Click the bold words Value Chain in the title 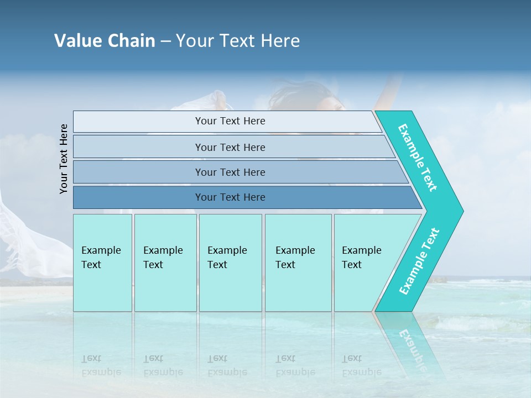105,41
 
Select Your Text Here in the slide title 238,41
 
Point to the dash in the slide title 165,41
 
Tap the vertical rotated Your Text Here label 64,159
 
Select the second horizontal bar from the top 230,147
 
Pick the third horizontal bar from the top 230,172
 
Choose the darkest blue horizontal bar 230,197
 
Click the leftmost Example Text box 102,262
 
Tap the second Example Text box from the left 165,262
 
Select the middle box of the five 230,262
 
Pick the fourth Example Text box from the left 298,262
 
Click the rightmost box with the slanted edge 365,262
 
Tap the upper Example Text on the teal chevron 418,158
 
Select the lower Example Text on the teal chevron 419,261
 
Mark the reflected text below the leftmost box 101,365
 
